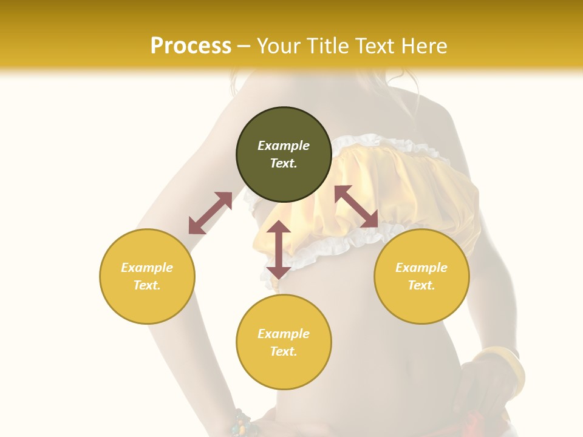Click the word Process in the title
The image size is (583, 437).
click(191, 46)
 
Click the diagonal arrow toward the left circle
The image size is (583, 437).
click(210, 213)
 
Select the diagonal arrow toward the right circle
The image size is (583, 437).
click(356, 206)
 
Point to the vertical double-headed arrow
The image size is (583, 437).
click(278, 249)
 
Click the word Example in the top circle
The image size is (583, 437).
click(284, 146)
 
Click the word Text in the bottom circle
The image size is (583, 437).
click(284, 351)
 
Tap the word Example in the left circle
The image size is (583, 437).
click(147, 268)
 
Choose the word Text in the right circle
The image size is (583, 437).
click(421, 285)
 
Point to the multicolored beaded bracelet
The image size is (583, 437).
click(243, 422)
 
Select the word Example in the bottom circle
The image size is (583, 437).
click(284, 334)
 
